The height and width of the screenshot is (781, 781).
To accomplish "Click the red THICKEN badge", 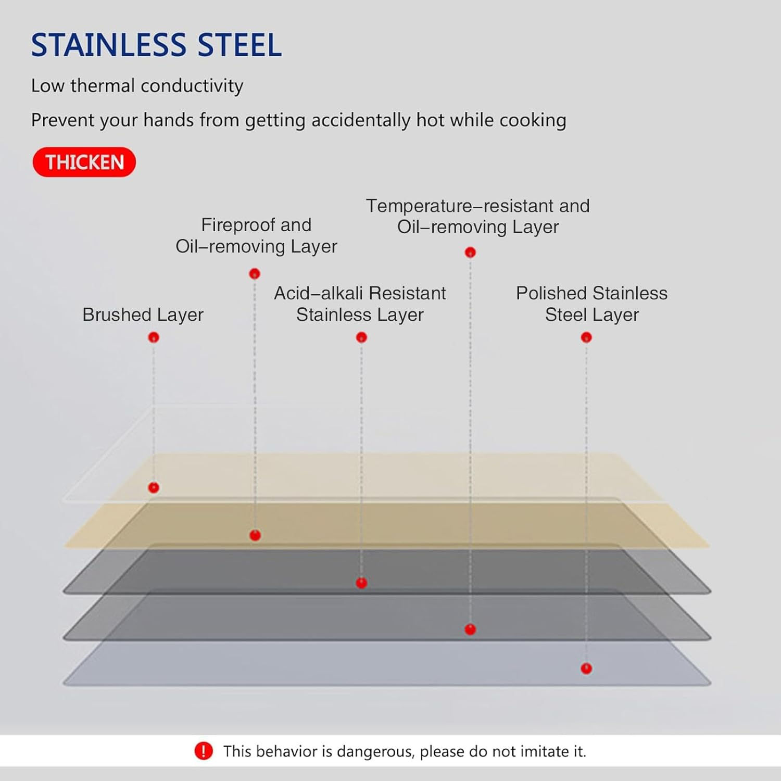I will (x=84, y=162).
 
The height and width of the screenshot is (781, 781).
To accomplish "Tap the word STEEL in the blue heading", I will (x=240, y=45).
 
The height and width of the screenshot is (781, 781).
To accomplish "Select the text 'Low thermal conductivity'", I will (x=137, y=86).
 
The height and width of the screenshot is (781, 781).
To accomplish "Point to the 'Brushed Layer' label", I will (x=143, y=314).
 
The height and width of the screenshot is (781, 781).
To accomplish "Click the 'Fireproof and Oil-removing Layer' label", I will (x=256, y=235).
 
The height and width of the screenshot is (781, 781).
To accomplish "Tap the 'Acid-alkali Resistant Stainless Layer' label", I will (x=360, y=304).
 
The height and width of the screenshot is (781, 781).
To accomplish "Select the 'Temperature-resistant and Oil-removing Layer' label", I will (x=477, y=216).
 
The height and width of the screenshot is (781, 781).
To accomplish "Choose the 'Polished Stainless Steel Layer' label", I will (x=591, y=304).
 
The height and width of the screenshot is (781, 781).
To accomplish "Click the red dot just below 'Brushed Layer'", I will (x=154, y=337).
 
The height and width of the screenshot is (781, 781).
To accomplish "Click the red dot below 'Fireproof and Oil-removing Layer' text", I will (x=255, y=274).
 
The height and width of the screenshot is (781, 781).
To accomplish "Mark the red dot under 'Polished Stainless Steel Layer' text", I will (x=586, y=337).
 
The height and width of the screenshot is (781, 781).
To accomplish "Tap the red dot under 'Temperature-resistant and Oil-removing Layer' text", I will (x=470, y=253).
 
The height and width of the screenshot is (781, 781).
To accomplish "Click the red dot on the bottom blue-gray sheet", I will (x=586, y=669).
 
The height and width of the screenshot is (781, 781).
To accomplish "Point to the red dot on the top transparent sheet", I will (x=154, y=488).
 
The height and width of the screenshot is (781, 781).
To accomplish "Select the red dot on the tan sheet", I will (x=255, y=535).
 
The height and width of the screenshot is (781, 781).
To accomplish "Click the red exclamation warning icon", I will (x=204, y=751).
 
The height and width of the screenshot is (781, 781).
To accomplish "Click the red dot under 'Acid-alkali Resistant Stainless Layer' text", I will (x=361, y=337).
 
